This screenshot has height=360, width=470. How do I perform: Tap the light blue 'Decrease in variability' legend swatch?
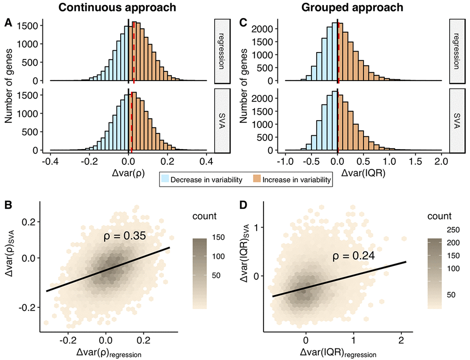[x=165, y=180]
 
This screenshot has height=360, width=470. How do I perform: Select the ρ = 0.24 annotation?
[x=353, y=256]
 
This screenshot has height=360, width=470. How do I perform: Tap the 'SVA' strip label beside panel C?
[x=457, y=121]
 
